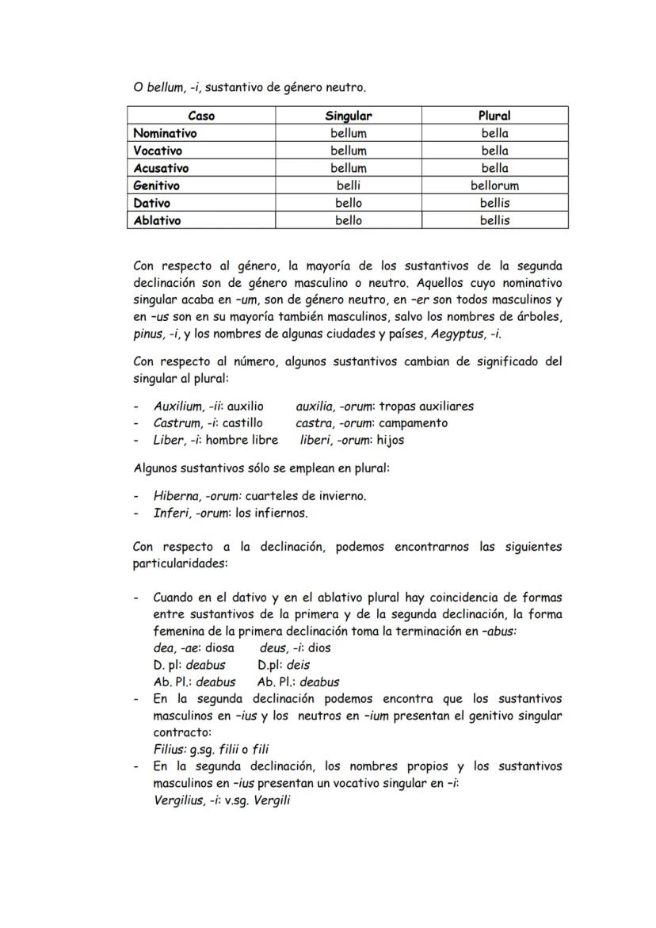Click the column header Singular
click(348, 116)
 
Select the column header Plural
click(494, 116)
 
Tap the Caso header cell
click(201, 116)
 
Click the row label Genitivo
click(156, 185)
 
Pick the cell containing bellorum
click(494, 185)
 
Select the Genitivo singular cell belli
click(348, 185)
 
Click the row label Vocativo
click(157, 151)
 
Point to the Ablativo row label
click(157, 220)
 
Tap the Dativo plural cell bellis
click(494, 203)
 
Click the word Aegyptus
click(458, 334)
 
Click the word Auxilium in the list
click(177, 406)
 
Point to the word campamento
click(414, 422)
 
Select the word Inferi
click(170, 513)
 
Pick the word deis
click(298, 665)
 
